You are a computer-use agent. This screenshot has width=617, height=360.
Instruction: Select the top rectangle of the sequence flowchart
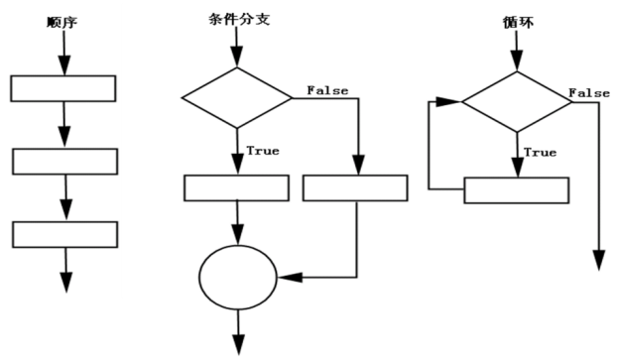click(63, 87)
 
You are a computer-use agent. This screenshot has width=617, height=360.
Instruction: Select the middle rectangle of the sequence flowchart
click(64, 161)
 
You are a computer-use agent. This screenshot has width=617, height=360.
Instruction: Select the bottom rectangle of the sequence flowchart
click(64, 234)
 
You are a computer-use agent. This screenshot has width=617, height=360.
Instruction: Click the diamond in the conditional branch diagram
click(237, 97)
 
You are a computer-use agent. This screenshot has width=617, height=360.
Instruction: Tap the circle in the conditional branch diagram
click(237, 274)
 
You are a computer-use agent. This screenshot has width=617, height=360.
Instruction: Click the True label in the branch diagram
click(263, 151)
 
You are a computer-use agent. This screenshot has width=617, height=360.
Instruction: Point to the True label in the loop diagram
click(540, 152)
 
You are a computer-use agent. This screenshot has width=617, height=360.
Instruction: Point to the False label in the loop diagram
click(589, 92)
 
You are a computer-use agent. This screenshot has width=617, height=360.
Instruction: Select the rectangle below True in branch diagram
click(236, 186)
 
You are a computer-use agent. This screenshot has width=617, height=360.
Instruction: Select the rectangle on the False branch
click(354, 186)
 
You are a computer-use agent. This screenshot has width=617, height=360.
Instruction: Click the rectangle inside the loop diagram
click(516, 189)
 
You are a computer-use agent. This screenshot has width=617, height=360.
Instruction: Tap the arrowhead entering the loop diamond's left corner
click(455, 100)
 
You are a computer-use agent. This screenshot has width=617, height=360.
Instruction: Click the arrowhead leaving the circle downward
click(237, 345)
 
